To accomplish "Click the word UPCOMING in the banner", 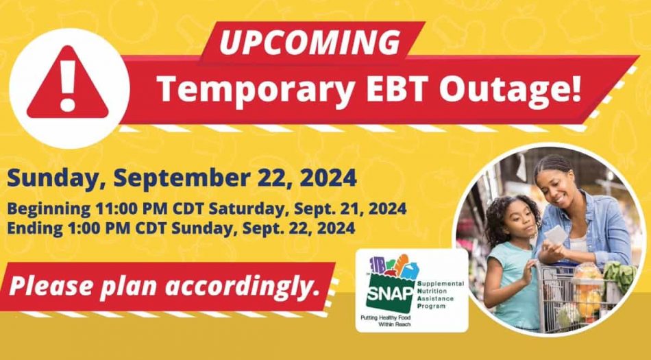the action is [x=309, y=42].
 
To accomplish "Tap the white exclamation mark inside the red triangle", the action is [x=68, y=86].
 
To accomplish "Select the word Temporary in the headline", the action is [x=256, y=90].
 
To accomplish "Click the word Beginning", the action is [x=49, y=209].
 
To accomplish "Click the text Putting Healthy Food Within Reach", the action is [x=385, y=320].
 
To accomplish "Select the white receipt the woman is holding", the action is [x=555, y=235].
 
